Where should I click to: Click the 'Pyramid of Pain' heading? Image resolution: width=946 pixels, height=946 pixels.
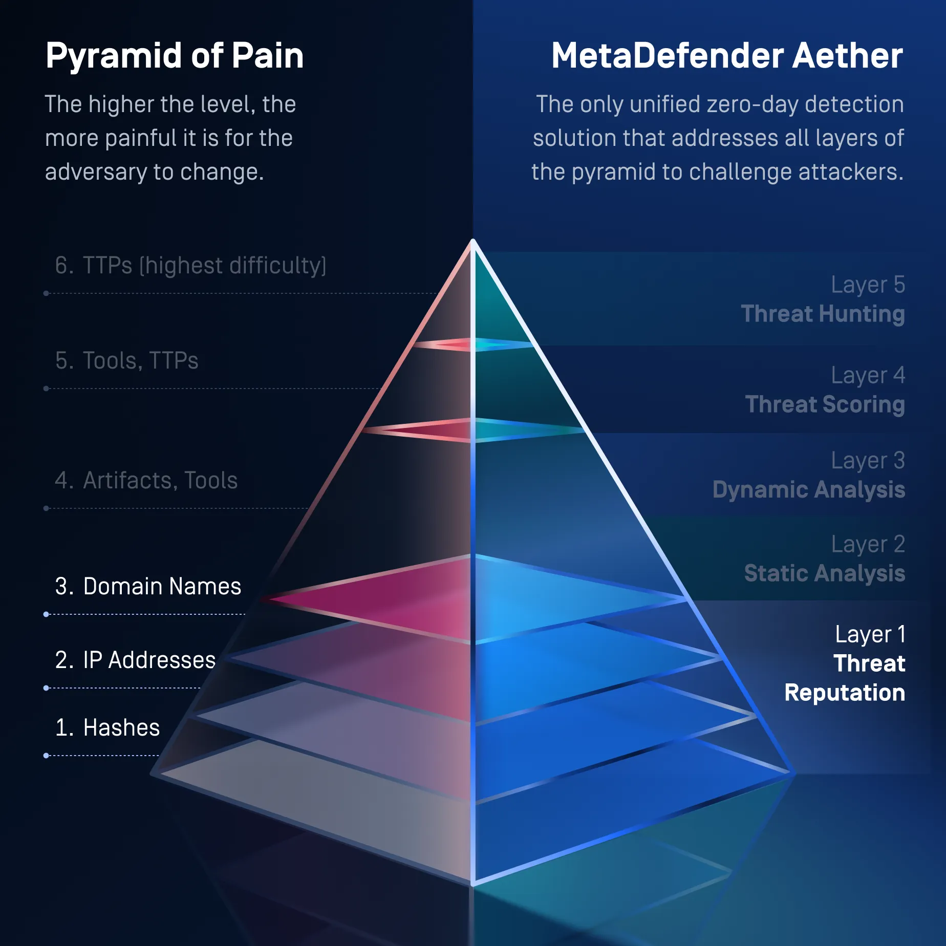coord(175,56)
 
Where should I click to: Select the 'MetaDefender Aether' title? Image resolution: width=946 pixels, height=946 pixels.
coord(727,55)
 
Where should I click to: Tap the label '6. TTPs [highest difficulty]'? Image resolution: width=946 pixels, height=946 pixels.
coord(190,266)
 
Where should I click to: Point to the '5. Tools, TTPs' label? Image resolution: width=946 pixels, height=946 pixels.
coord(126,360)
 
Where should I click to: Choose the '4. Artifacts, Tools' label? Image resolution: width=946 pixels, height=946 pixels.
coord(146,480)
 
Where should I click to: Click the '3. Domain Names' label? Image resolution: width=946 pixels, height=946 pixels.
coord(148,586)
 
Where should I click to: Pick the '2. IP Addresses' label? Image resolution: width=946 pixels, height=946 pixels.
coord(135,660)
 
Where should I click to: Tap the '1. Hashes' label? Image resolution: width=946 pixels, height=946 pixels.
coord(107,727)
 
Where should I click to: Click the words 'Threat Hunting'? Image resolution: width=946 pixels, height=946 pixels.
coord(823,314)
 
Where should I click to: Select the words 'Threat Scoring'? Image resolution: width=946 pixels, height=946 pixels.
coord(825,404)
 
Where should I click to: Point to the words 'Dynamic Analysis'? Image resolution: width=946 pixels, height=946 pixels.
coord(809,490)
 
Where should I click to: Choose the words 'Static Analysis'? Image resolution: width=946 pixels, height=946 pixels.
coord(825,573)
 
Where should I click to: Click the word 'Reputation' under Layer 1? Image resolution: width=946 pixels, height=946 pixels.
coord(845,693)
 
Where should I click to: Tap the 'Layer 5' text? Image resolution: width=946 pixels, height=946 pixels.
coord(868,285)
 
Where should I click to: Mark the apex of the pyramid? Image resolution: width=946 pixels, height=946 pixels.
coord(472,240)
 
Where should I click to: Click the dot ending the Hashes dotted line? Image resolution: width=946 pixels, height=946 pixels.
coord(46,756)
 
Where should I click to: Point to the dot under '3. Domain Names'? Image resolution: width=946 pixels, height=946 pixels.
coord(46,614)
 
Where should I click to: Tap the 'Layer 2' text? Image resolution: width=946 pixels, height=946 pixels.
coord(868,544)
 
